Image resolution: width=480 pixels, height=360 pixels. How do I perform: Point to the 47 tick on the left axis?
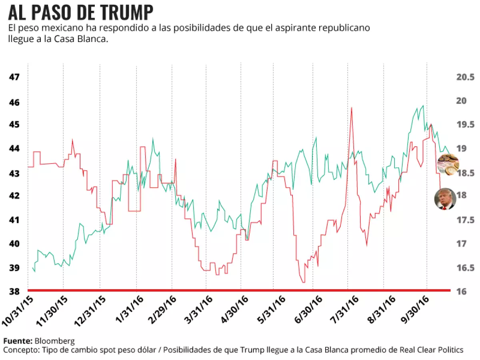coord(15,77)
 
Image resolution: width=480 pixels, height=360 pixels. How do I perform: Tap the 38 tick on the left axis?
coord(15,292)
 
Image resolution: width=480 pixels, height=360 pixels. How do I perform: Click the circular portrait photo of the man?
coord(445,198)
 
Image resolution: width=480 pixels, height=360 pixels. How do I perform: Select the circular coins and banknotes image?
coord(448,164)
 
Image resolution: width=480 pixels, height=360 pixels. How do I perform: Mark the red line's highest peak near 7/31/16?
coord(351,108)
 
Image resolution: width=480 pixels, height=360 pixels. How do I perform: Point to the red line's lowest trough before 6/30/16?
coord(303,282)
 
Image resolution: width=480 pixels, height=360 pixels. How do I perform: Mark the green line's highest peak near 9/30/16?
coord(423,106)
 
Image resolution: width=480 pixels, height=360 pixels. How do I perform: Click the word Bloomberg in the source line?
coord(54,341)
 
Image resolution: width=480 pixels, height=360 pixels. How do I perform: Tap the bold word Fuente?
coord(18,341)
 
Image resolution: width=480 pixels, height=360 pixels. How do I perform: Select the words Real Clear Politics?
coord(432,350)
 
